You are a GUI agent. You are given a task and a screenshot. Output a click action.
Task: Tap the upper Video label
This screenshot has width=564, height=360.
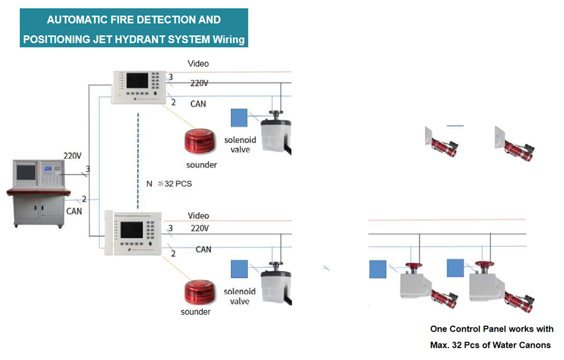click(198, 64)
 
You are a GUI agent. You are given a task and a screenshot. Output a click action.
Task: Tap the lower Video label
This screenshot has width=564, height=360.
click(198, 216)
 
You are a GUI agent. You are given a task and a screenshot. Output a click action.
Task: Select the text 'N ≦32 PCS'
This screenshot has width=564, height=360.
click(169, 184)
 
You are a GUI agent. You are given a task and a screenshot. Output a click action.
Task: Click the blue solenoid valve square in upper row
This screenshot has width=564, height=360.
click(239, 117)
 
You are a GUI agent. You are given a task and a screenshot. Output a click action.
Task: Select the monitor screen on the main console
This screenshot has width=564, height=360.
click(25, 172)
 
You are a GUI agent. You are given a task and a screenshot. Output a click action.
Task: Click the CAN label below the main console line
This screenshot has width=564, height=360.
click(74, 210)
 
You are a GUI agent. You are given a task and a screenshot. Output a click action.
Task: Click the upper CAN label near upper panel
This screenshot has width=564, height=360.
click(198, 104)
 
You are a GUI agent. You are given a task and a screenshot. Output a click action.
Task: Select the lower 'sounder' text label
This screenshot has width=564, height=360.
click(195, 312)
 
